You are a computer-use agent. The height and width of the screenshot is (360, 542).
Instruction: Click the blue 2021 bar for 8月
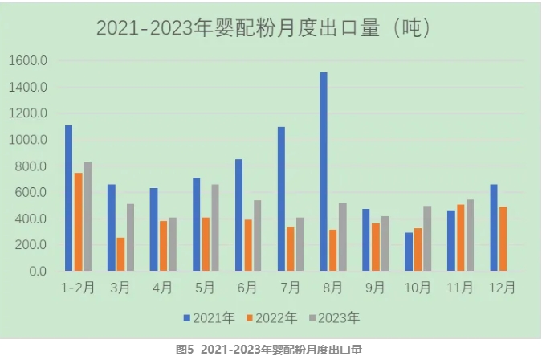pos(324,172)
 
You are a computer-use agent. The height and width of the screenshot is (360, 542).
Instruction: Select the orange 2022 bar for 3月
pos(120,254)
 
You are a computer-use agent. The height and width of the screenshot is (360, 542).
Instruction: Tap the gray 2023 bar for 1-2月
pos(88,217)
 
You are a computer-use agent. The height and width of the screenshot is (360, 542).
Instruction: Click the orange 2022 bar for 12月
pos(503,239)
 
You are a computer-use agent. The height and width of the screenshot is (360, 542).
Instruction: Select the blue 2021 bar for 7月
pos(281,199)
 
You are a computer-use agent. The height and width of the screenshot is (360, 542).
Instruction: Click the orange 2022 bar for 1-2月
pos(78,222)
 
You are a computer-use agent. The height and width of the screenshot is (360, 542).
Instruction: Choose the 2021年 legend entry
pos(210,318)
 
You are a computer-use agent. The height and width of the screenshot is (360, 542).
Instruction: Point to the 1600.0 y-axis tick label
pos(29,61)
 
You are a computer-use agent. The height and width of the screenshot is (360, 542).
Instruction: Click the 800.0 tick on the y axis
pos(32,166)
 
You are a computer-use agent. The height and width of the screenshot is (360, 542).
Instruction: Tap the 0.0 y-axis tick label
pos(39,272)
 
